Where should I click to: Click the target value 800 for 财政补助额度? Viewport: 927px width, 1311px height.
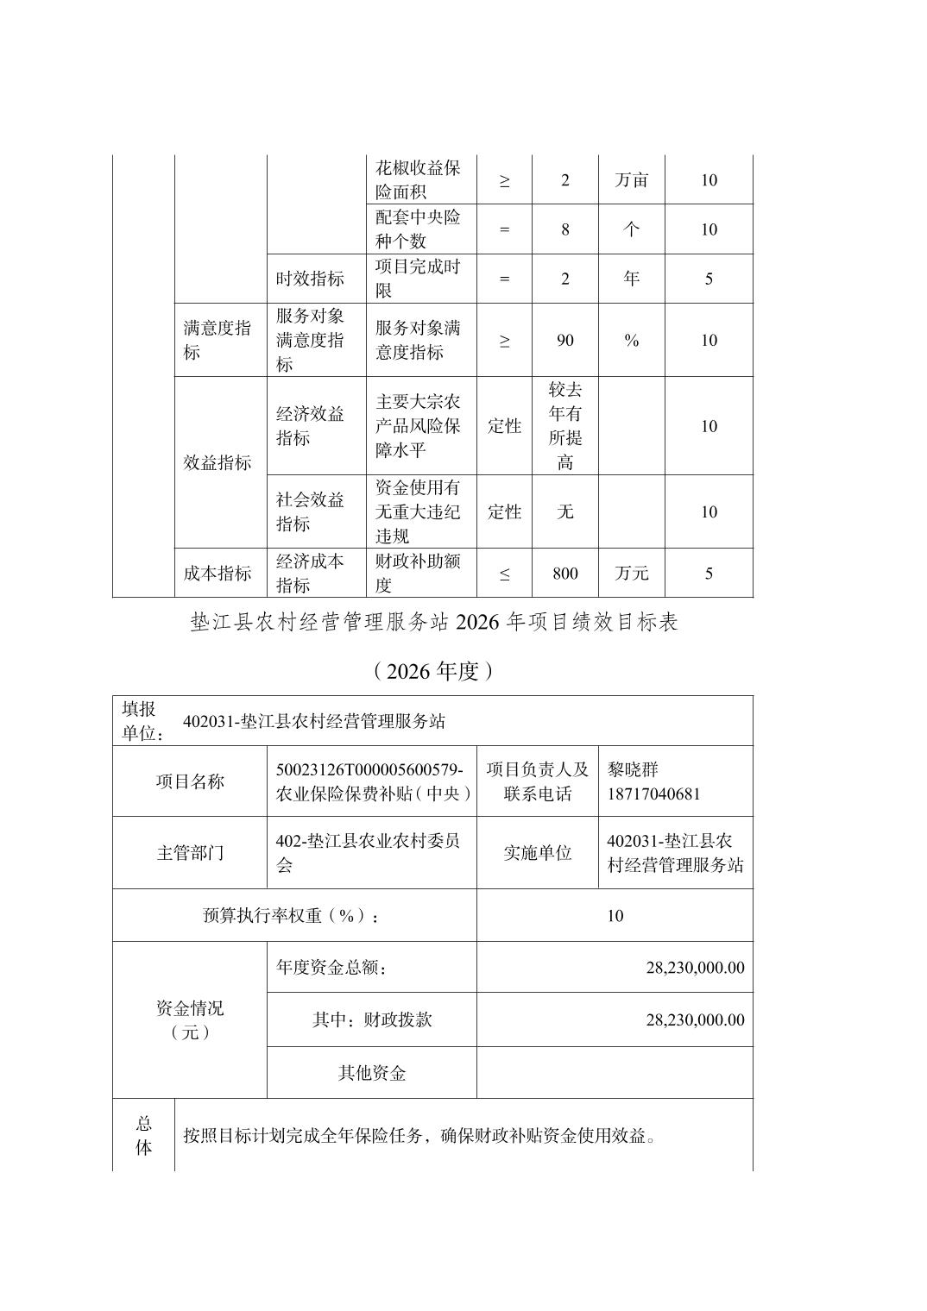click(564, 574)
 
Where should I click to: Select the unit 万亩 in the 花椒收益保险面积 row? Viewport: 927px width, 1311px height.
click(631, 180)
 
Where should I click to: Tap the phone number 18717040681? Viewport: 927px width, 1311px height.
click(653, 793)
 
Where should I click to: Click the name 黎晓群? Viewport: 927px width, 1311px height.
click(633, 769)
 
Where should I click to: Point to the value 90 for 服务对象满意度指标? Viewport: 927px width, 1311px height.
click(564, 341)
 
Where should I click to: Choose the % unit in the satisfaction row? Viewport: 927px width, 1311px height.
click(631, 341)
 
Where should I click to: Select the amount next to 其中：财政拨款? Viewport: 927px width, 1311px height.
click(694, 1019)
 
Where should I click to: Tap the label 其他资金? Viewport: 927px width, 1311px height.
click(371, 1073)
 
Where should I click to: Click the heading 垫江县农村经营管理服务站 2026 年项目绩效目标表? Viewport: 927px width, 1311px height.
click(434, 622)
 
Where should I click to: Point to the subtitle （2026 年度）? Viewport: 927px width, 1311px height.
click(433, 671)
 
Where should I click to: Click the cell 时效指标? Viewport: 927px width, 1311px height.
click(310, 279)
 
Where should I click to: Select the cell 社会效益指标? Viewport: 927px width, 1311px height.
click(310, 511)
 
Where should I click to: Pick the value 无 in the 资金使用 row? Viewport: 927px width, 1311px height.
click(564, 511)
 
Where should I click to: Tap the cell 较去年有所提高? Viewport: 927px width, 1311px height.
click(564, 426)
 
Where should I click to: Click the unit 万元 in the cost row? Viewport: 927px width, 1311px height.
click(631, 574)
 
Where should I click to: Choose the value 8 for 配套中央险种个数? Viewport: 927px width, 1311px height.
click(564, 229)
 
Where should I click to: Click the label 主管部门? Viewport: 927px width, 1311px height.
click(190, 853)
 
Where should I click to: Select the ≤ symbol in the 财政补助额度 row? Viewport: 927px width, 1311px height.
click(504, 574)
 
